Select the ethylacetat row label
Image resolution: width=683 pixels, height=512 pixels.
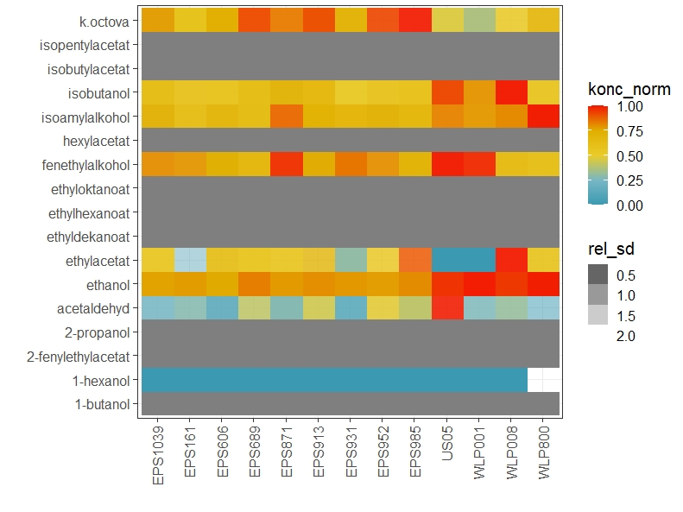(x=101, y=261)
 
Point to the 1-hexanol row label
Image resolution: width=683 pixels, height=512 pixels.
(x=104, y=381)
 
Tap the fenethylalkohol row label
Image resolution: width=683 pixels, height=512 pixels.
(x=91, y=164)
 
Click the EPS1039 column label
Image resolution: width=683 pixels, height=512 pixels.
(x=157, y=453)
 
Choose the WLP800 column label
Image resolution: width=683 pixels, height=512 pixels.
(x=543, y=454)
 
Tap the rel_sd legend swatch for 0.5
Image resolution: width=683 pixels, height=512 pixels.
(x=598, y=275)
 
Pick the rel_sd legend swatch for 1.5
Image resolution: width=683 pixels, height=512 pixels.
(x=598, y=315)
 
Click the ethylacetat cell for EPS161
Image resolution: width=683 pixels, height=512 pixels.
(x=190, y=260)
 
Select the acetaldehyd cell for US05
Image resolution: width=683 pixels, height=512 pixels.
(x=447, y=308)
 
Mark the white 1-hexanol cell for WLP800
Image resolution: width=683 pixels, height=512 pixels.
(x=543, y=381)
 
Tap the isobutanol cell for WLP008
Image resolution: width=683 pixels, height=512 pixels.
(x=511, y=92)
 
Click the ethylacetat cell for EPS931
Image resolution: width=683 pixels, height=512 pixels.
(x=351, y=260)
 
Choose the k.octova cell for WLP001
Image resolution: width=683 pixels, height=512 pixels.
(x=479, y=19)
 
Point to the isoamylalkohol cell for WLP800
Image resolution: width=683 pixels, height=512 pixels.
(x=543, y=116)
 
